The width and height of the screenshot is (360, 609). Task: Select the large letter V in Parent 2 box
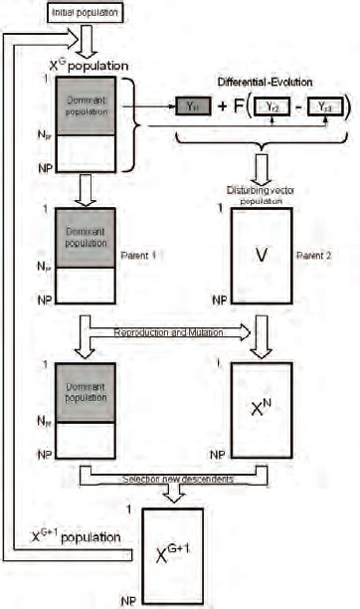[262, 256]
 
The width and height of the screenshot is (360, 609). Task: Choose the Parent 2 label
[315, 255]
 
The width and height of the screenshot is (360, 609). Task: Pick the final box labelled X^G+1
[172, 553]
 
